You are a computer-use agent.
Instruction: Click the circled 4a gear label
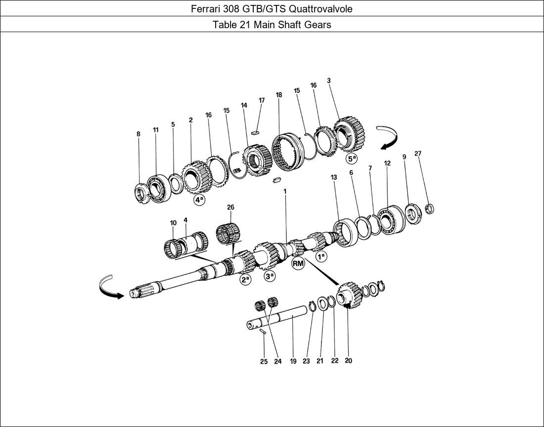(199, 200)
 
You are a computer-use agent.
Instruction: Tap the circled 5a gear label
(351, 159)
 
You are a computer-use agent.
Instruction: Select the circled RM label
(298, 263)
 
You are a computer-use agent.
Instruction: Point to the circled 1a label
(321, 256)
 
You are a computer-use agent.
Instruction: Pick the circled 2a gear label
(245, 280)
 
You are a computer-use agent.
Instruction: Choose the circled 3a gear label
(270, 276)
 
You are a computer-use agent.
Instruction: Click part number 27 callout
(418, 154)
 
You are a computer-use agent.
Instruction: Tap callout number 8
(138, 134)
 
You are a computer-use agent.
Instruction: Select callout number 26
(230, 207)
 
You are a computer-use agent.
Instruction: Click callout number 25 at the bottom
(264, 361)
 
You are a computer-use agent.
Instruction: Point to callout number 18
(279, 95)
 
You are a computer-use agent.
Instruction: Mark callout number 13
(334, 177)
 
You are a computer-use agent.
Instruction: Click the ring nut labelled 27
(429, 209)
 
